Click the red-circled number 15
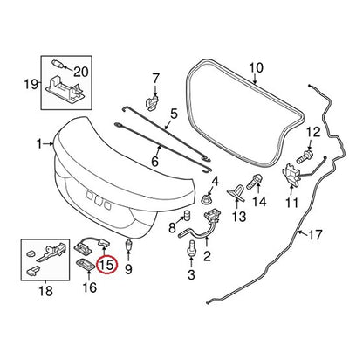coord(106,265)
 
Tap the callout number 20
coord(80,72)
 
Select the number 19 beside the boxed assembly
coord(31,85)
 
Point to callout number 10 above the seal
coord(256,68)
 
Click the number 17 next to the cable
coord(314,235)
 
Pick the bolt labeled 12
coord(305,156)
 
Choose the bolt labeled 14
coord(255,181)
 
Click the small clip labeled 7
coord(152,103)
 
